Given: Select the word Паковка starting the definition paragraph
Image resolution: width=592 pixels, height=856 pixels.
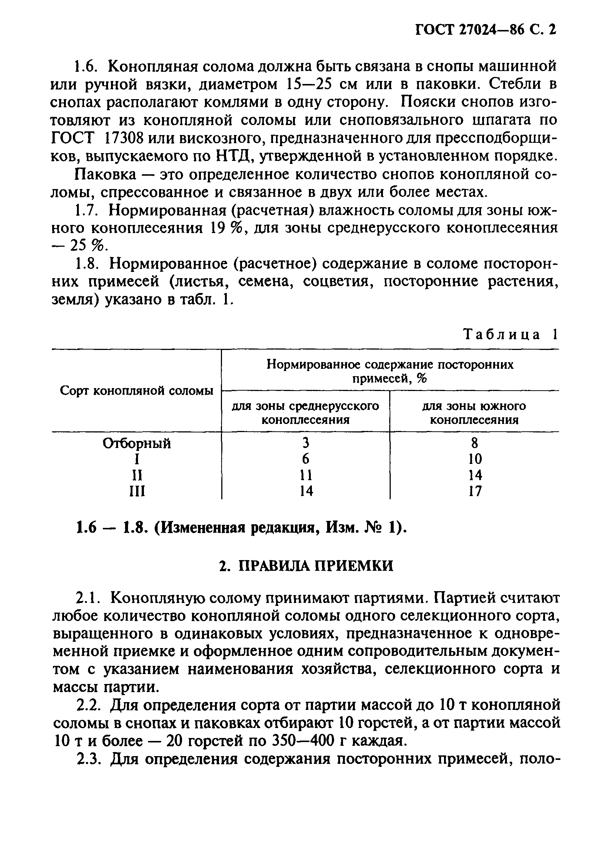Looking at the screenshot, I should [105, 174].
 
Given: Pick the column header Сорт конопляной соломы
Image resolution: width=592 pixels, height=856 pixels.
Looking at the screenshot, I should [137, 391].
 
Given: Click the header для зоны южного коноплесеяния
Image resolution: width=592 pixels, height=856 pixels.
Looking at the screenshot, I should [474, 413].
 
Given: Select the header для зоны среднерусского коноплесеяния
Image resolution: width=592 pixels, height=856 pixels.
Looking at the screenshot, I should [305, 413].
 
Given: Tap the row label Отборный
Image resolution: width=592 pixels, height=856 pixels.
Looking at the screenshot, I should [137, 443].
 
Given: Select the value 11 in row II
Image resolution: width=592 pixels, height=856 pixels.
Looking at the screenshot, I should [306, 475].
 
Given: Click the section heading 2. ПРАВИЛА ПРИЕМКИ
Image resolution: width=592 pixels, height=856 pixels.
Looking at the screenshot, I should [306, 566].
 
